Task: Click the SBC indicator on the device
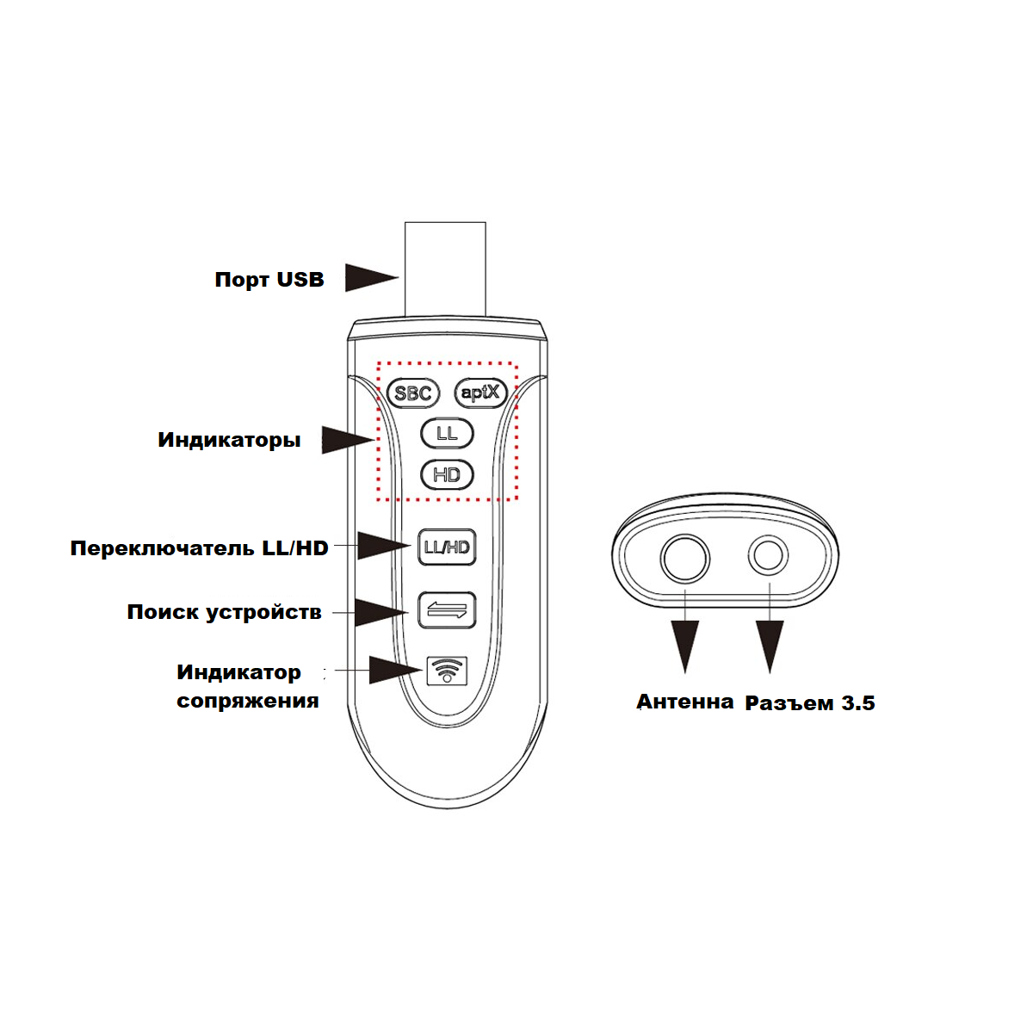(x=413, y=393)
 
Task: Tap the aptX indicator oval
(x=480, y=393)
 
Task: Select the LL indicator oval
(x=447, y=433)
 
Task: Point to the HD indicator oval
(x=447, y=475)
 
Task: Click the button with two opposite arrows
(x=447, y=610)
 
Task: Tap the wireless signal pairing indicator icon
(x=447, y=671)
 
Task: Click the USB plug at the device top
(x=445, y=269)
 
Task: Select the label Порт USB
(x=269, y=280)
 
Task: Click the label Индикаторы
(x=230, y=440)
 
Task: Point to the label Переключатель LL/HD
(x=200, y=548)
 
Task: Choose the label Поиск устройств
(x=225, y=612)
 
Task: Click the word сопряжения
(x=248, y=701)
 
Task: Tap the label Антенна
(x=684, y=702)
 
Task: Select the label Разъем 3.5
(x=810, y=702)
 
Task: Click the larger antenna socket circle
(x=684, y=559)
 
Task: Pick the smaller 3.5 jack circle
(x=768, y=555)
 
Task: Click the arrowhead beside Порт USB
(x=371, y=278)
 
